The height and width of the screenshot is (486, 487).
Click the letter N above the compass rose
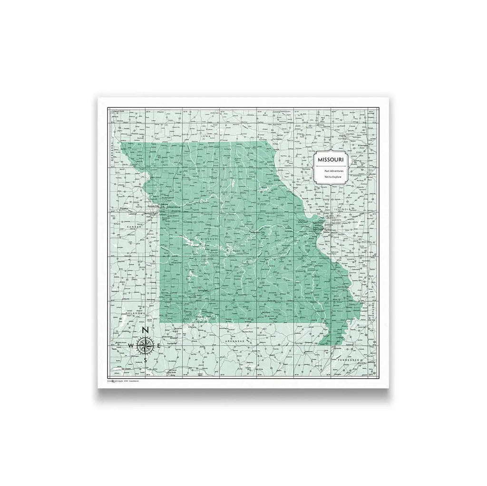(x=146, y=330)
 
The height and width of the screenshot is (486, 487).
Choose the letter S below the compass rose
(x=146, y=360)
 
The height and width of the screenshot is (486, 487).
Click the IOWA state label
(x=206, y=136)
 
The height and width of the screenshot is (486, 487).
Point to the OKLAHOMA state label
(x=134, y=314)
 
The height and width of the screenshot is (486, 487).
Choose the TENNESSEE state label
(x=351, y=361)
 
